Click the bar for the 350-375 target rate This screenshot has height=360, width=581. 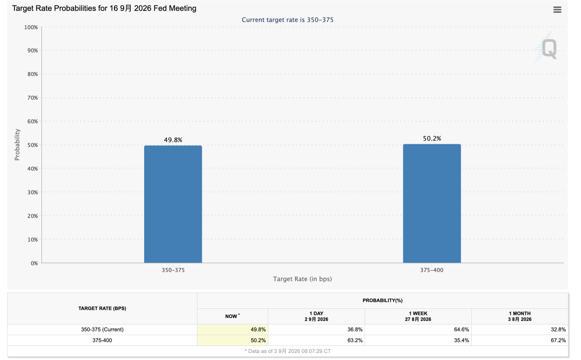tap(173, 204)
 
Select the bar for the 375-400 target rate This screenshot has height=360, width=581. tap(432, 203)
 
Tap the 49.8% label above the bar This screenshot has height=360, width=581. tap(173, 140)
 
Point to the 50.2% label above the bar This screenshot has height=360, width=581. tap(432, 138)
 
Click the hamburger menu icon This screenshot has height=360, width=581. tap(557, 10)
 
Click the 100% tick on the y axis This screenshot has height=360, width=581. tap(31, 27)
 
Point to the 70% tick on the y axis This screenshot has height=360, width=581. tap(33, 98)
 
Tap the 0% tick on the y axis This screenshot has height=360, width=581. tap(34, 263)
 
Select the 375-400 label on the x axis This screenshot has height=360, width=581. tap(431, 270)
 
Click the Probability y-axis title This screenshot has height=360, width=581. tap(17, 145)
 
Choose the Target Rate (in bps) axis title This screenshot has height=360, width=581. tap(302, 279)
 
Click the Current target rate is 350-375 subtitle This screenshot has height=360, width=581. tap(287, 20)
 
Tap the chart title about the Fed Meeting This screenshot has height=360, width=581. tap(104, 8)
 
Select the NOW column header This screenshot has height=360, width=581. tap(232, 316)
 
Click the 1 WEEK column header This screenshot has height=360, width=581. tap(418, 316)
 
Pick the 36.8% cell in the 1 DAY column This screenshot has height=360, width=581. tap(355, 329)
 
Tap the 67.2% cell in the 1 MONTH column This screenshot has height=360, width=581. tap(558, 340)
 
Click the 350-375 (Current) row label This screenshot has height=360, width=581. tap(102, 329)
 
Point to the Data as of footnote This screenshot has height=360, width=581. tap(287, 351)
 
